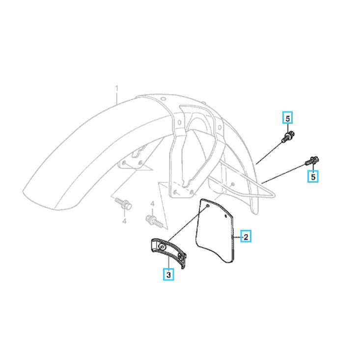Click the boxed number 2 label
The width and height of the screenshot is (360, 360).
coord(246,236)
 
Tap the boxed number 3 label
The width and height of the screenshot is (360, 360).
coord(168,274)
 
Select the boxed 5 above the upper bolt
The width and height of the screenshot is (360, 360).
coord(287,118)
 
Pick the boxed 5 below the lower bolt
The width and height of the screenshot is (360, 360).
coord(313,176)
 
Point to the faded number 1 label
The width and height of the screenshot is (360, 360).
coord(117,88)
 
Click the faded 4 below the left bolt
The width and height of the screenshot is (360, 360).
coord(124,221)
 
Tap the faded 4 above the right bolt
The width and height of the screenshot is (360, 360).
coord(152,204)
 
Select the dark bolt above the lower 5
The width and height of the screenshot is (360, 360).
coord(312,161)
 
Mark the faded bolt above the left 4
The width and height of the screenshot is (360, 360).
coord(123,204)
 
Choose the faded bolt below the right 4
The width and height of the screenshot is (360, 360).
coord(154,221)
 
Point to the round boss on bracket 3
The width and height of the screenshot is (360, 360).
coord(163,247)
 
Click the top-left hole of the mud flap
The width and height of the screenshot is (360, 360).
coord(207,206)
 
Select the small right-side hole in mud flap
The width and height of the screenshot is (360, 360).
coord(226,216)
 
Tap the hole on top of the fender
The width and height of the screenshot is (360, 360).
coord(163,99)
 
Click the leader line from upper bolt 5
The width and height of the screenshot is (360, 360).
coord(269,153)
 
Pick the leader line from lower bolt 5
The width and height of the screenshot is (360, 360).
coord(283,174)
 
